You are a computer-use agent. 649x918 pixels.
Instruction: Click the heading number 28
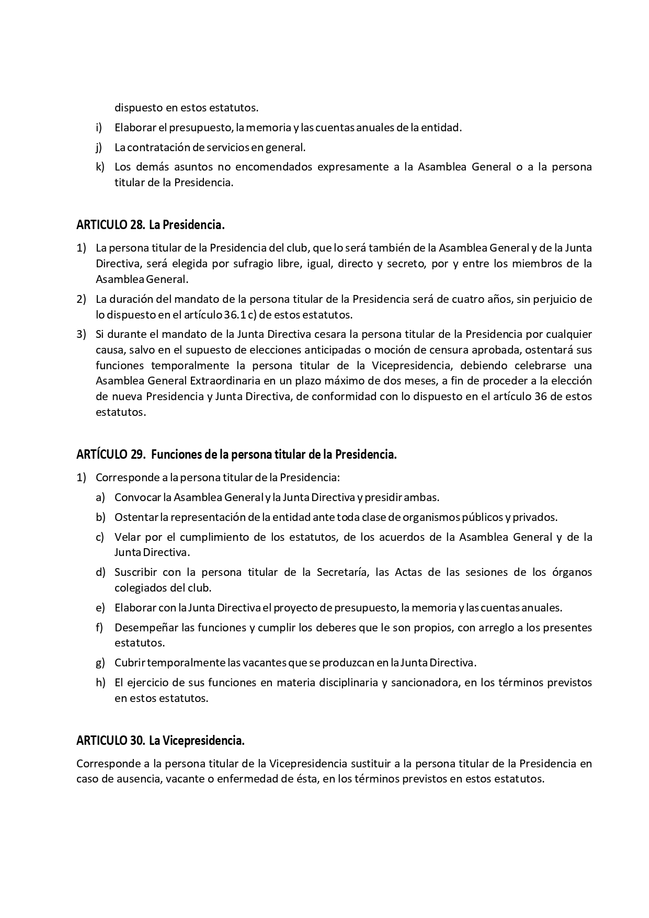click(x=137, y=225)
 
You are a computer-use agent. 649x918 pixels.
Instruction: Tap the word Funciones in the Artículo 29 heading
click(x=176, y=455)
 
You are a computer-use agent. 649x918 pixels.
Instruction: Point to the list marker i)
click(x=99, y=128)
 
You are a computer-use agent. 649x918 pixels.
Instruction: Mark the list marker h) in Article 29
click(x=100, y=683)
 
